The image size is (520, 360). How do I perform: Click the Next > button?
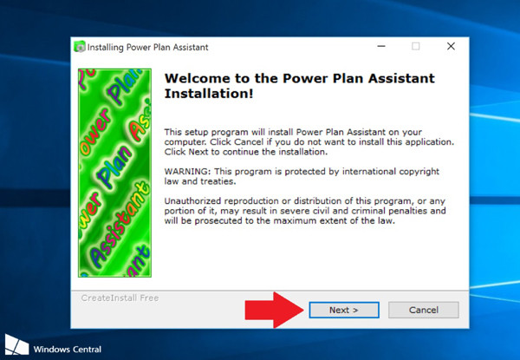click(343, 310)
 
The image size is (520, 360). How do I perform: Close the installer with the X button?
click(451, 46)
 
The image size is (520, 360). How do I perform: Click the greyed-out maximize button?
click(416, 46)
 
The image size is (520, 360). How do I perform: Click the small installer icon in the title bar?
click(80, 47)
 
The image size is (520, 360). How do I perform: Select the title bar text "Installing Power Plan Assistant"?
click(147, 47)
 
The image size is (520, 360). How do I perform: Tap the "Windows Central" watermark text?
click(68, 350)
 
